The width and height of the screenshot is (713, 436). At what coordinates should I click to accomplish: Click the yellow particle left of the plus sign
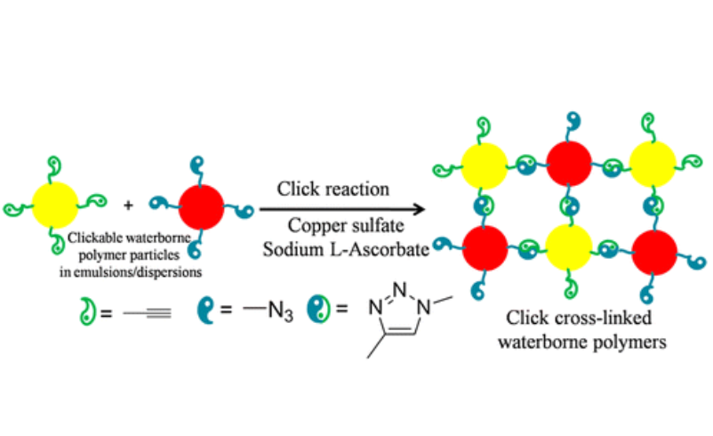tap(55, 205)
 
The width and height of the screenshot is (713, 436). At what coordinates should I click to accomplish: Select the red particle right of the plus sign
tap(201, 205)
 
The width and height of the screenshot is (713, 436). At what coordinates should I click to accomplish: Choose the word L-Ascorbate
tap(385, 249)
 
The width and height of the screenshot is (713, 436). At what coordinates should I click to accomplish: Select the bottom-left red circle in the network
tap(484, 250)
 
